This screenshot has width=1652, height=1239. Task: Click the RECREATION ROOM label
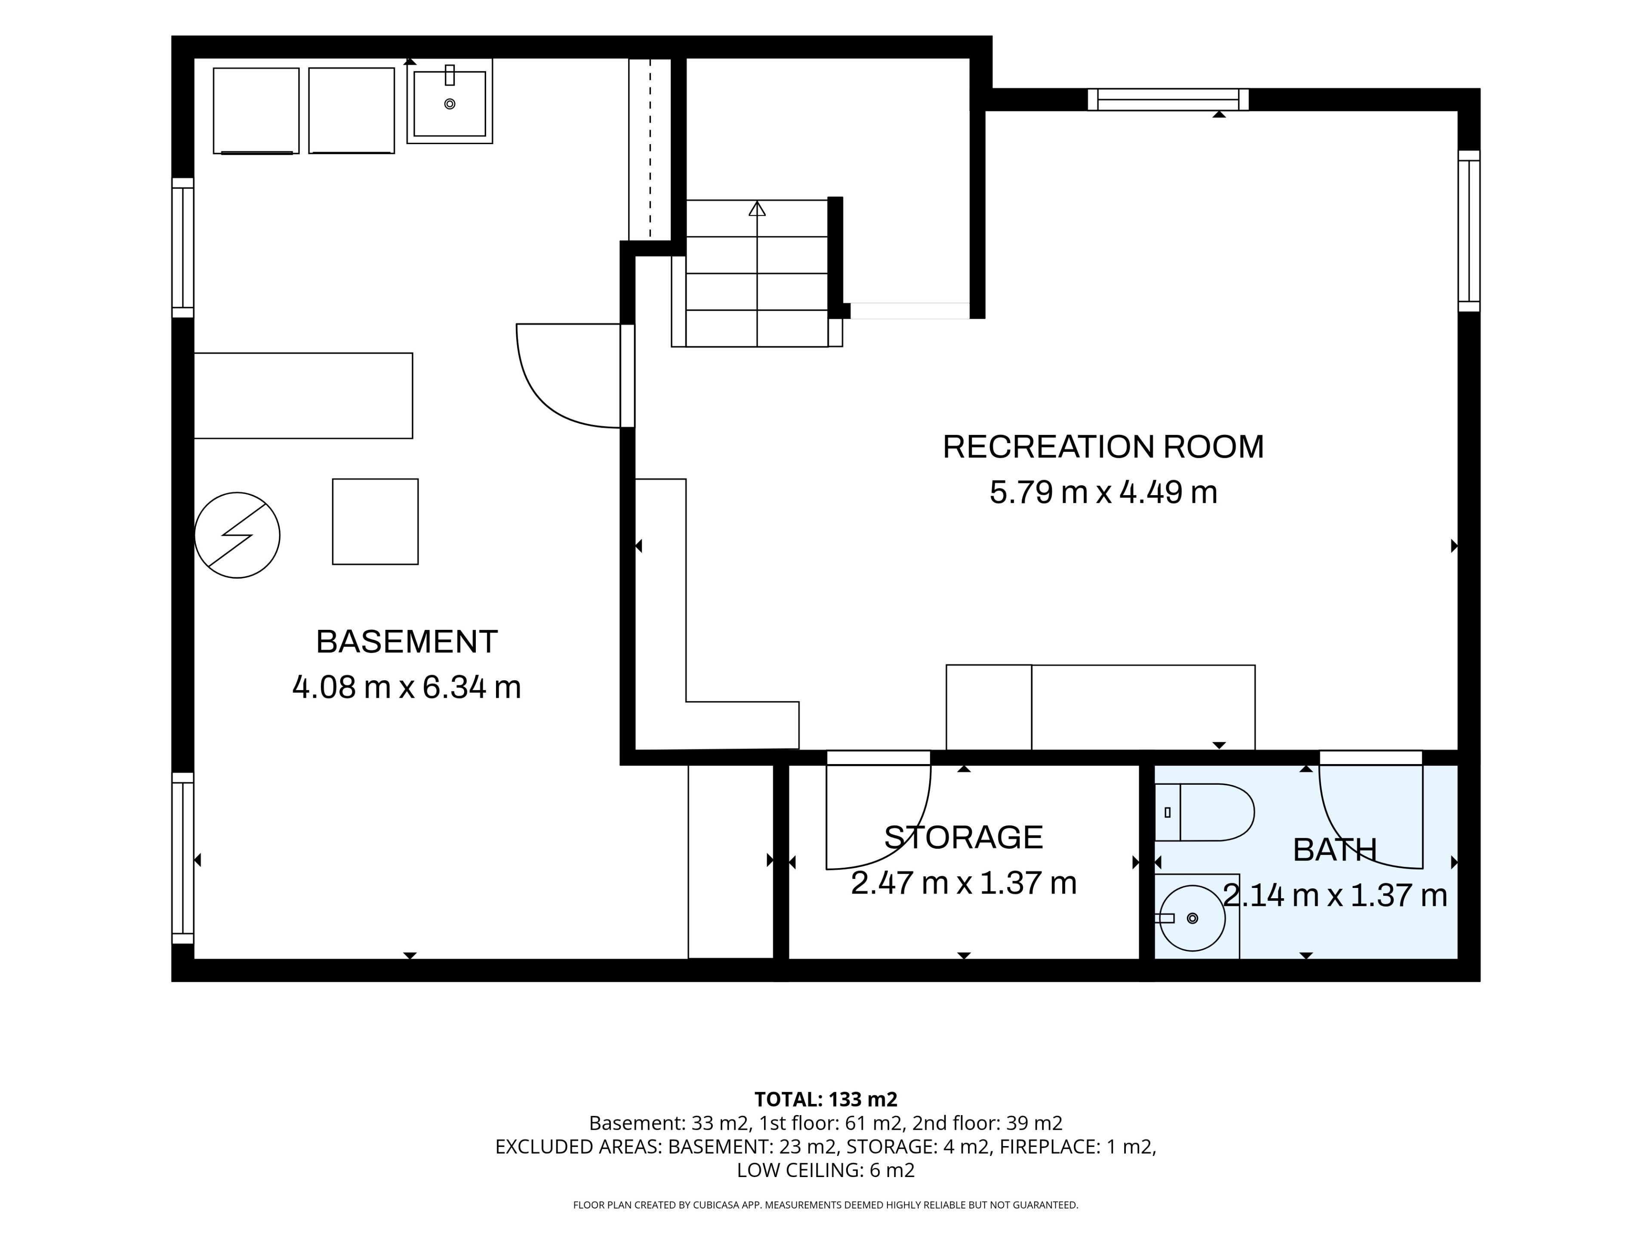pos(1103,447)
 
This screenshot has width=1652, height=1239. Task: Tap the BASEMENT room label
pos(407,641)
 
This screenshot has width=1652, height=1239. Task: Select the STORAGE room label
pos(963,837)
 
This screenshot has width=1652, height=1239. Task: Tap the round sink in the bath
pos(1192,918)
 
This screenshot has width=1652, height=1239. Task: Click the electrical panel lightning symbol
pos(237,535)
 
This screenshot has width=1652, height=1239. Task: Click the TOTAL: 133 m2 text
pos(826,1099)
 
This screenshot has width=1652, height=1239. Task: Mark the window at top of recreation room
pos(1168,99)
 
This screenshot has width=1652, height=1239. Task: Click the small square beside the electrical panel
pos(375,521)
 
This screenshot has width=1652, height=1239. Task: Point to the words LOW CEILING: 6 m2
pos(826,1170)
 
